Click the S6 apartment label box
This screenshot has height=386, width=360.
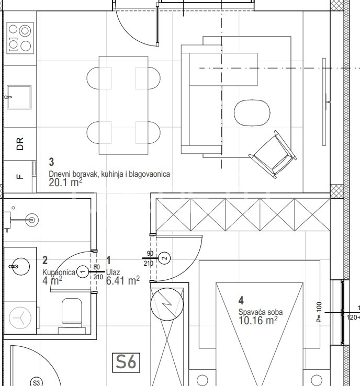126,362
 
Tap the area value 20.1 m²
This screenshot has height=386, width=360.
65,183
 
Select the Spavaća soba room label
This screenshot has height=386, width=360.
261,312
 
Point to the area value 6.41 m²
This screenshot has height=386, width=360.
123,280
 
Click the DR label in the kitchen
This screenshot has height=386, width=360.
20,144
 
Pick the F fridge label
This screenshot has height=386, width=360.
20,176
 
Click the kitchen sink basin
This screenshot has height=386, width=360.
19,97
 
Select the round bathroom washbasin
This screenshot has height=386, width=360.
21,266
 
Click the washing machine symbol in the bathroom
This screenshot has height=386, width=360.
20,317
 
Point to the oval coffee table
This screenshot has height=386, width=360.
252,113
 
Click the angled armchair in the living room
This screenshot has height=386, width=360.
273,154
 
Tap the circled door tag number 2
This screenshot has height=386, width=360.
164,258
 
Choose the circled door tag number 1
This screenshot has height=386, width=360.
83,272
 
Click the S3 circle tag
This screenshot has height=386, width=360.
37,382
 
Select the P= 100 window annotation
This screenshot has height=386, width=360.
319,312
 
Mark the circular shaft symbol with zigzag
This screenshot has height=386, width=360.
167,304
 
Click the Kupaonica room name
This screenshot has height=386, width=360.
59,273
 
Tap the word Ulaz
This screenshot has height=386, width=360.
113,273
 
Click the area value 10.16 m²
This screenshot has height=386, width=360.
258,321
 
